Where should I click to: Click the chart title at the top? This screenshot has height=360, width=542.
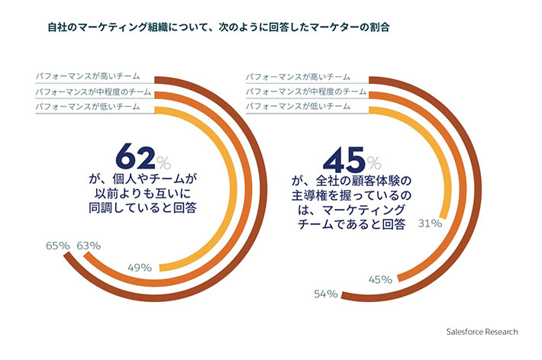tap(215, 27)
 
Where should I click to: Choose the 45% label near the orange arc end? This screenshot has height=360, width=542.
tap(380, 279)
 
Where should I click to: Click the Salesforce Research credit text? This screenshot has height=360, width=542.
tap(482, 331)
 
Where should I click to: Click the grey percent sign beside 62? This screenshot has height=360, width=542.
tap(166, 162)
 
